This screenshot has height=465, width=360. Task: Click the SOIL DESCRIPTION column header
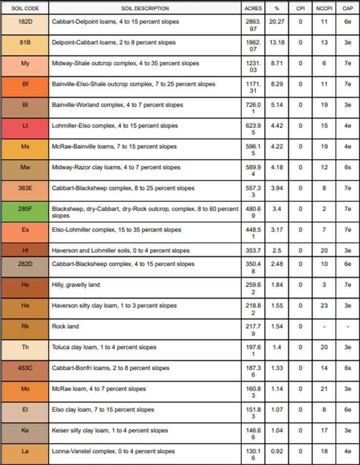[x=145, y=8]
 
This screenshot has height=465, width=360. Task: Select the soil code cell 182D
[x=24, y=22]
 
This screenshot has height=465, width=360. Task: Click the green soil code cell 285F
[x=24, y=209]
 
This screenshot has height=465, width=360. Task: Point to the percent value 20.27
[x=277, y=22]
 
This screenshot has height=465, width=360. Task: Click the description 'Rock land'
[x=65, y=326]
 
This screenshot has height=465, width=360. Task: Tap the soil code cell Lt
[x=24, y=126]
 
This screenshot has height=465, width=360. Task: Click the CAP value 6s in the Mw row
[x=347, y=168]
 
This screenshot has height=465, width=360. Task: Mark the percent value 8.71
[x=277, y=63]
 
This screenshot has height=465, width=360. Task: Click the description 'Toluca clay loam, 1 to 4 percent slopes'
[x=104, y=347]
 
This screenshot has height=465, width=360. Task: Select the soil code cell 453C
[x=24, y=368]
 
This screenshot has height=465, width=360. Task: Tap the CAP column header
[x=347, y=8]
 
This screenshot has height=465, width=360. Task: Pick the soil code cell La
[x=24, y=451]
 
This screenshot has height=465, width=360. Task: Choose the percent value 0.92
[x=277, y=451]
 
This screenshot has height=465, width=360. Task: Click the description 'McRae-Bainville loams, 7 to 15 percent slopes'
[x=114, y=147]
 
